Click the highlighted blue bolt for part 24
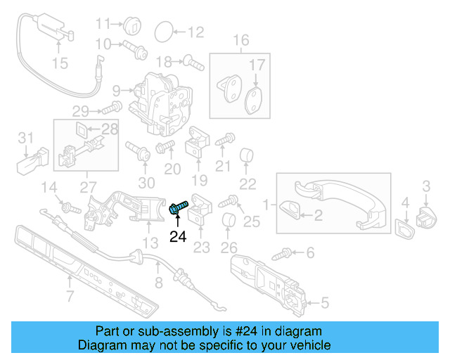178,207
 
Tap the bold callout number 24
178,237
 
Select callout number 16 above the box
241,40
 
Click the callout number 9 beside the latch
116,90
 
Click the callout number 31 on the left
25,136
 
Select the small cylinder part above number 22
247,155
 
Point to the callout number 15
60,63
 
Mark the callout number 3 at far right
426,186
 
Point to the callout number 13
150,243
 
